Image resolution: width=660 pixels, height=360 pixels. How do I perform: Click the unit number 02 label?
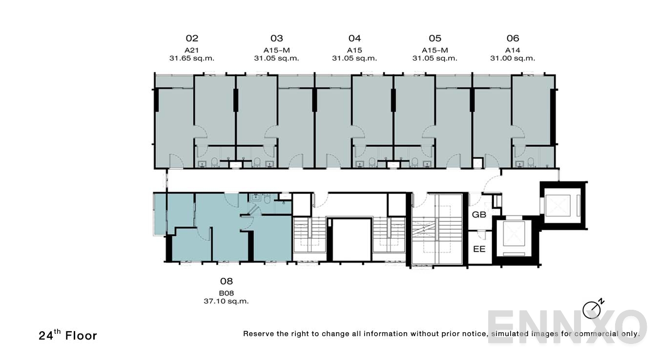click(192, 39)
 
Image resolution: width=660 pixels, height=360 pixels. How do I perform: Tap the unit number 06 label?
click(513, 39)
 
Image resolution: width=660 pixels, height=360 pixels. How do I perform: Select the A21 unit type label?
click(191, 50)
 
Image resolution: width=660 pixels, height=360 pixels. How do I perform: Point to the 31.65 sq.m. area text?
click(192, 59)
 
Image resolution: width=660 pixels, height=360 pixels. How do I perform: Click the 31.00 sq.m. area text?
click(513, 59)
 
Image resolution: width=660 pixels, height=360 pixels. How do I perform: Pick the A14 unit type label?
click(513, 50)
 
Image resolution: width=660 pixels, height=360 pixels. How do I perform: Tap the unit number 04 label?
click(354, 39)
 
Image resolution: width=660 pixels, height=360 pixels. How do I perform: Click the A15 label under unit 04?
click(354, 50)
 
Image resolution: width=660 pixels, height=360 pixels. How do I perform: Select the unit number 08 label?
click(227, 281)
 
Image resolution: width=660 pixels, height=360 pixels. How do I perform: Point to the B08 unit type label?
click(227, 293)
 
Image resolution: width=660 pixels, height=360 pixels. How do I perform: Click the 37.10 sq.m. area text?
click(227, 301)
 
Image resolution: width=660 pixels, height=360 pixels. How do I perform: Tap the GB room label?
click(479, 214)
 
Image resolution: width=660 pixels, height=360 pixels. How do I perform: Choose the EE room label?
click(479, 249)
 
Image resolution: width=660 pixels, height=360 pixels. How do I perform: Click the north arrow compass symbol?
click(592, 309)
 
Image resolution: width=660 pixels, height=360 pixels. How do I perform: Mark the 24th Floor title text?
click(68, 335)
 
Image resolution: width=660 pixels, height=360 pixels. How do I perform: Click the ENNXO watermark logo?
click(566, 326)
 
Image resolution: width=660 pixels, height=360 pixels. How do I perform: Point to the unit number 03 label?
click(276, 39)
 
